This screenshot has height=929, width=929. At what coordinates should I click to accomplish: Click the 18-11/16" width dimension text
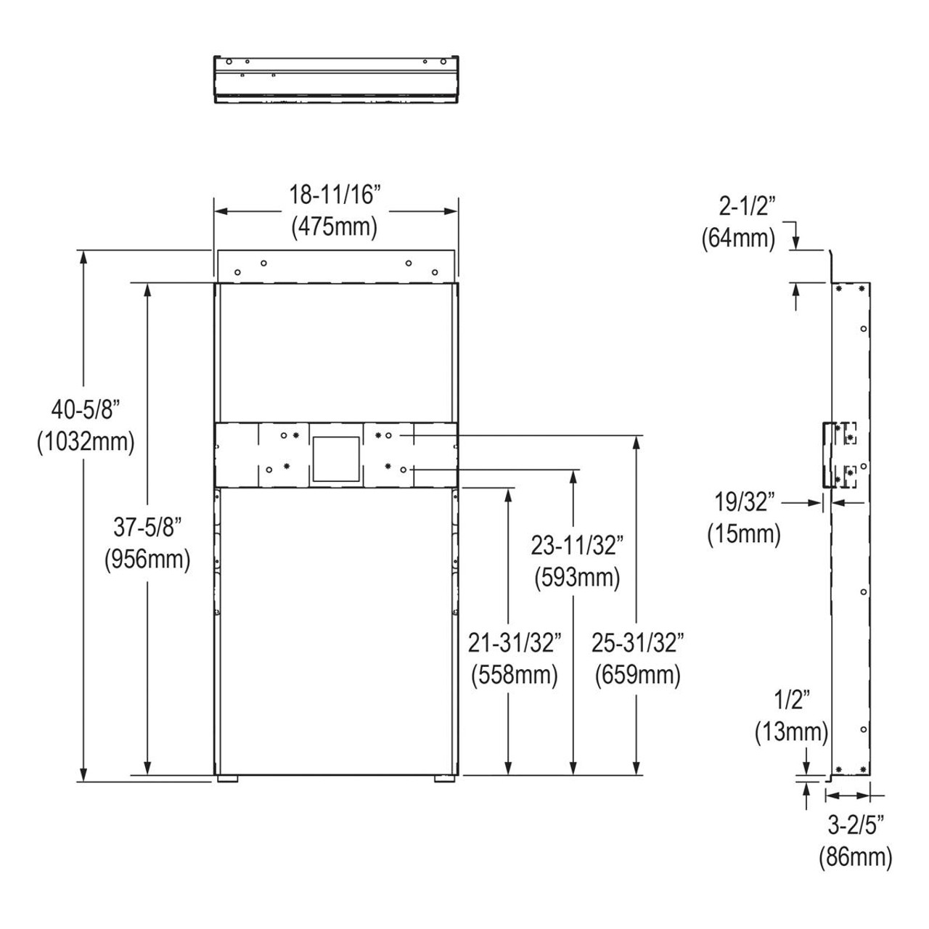pos(335,196)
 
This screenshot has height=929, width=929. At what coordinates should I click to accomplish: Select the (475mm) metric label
pos(335,227)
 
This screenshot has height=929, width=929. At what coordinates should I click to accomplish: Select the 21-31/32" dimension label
pos(514,642)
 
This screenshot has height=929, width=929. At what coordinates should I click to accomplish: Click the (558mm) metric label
pos(514,675)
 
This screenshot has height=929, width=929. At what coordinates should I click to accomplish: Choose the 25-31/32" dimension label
pos(638,642)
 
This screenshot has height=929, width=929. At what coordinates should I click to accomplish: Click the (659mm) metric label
pos(638,675)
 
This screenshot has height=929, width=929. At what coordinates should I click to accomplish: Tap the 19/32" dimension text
pos(745,502)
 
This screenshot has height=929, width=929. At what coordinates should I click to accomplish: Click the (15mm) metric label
pos(745,534)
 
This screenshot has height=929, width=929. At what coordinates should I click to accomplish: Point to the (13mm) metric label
pos(791,732)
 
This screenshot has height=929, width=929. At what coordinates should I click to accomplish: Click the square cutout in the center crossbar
pos(335,459)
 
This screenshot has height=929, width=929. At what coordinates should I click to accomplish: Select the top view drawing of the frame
pos(336,78)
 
